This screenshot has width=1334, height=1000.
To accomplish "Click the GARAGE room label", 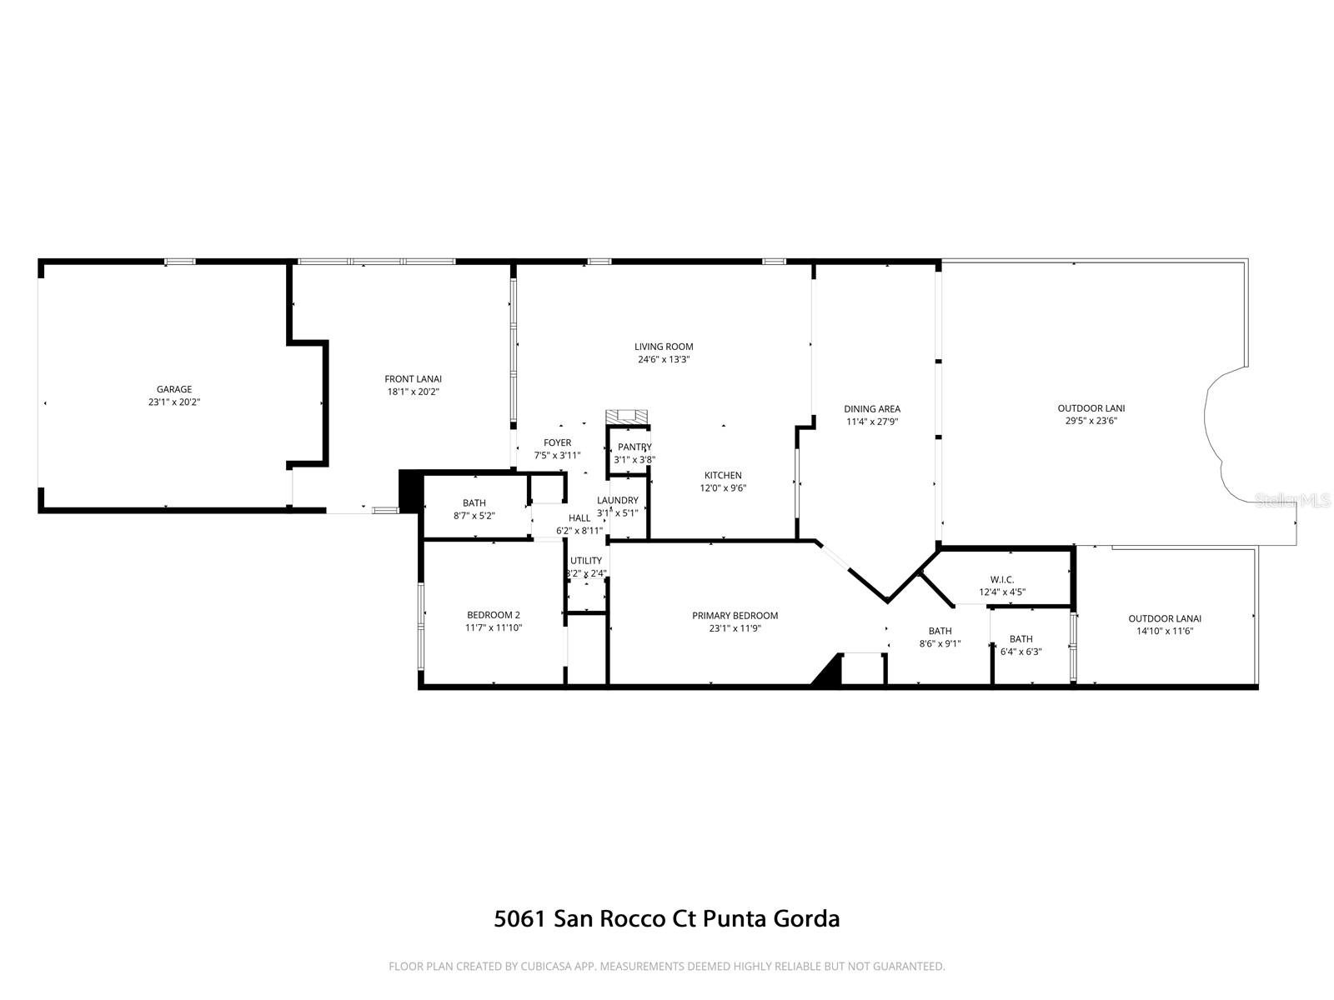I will (x=174, y=389).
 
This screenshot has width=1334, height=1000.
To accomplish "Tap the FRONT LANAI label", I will (x=413, y=378).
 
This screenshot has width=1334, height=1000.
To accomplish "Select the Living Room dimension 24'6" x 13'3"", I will (x=664, y=360).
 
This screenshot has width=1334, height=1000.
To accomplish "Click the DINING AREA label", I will (x=872, y=409).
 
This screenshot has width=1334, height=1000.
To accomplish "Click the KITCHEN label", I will (x=722, y=476).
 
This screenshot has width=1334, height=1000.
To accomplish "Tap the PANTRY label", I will (x=634, y=447).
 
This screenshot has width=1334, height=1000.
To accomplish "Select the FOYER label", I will (x=558, y=443).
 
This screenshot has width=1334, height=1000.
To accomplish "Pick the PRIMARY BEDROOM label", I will (x=735, y=616).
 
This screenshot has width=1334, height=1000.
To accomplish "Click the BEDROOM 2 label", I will (x=494, y=615).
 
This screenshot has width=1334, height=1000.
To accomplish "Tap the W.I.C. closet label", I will (x=1002, y=579).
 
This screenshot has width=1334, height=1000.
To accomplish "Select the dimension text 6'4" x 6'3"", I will (x=1021, y=652).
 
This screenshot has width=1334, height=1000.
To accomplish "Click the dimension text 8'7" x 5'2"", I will (x=474, y=516).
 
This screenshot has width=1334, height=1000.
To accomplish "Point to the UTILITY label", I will (x=586, y=561).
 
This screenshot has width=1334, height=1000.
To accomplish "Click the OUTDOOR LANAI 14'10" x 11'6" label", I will (x=1165, y=618).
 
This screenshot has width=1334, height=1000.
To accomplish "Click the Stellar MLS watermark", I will (x=1292, y=500).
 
